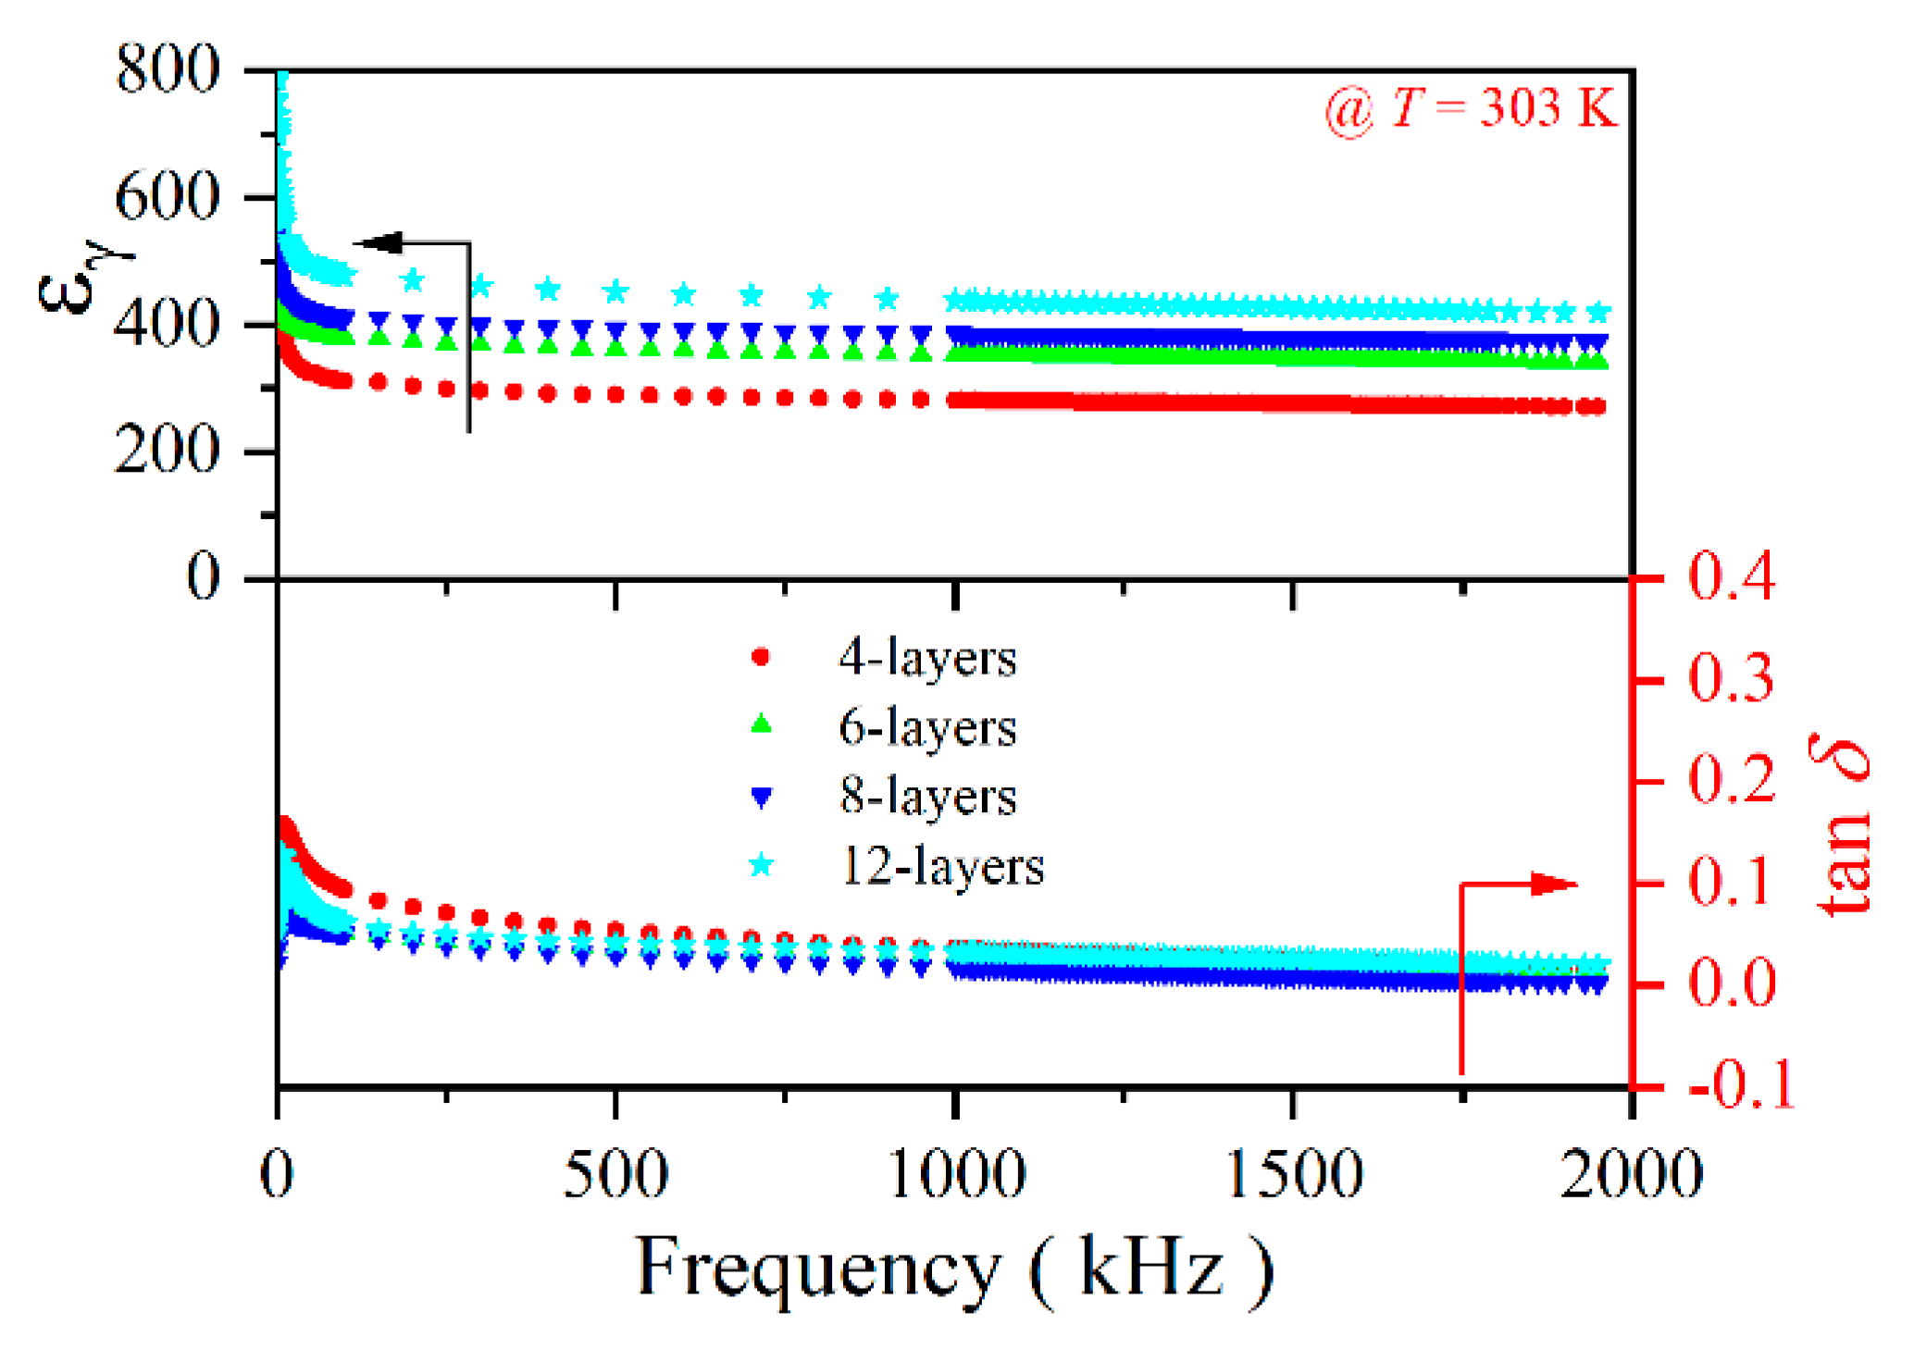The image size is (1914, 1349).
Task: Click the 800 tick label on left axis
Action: pyautogui.click(x=168, y=69)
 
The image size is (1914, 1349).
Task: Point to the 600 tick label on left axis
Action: pyautogui.click(x=168, y=197)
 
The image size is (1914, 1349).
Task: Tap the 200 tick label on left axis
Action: pyautogui.click(x=168, y=452)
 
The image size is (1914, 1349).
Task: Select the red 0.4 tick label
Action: pyautogui.click(x=1731, y=577)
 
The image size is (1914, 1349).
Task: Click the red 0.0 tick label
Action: pyautogui.click(x=1731, y=983)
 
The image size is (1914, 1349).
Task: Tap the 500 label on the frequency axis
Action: pyautogui.click(x=615, y=1175)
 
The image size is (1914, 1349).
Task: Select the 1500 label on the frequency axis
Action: pyautogui.click(x=1294, y=1175)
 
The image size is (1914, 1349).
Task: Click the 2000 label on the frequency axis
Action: pyautogui.click(x=1631, y=1175)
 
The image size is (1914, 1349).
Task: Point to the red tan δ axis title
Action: pyautogui.click(x=1842, y=828)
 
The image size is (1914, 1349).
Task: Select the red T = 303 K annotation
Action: pyautogui.click(x=1471, y=109)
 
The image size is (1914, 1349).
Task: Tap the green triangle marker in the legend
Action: pyautogui.click(x=761, y=725)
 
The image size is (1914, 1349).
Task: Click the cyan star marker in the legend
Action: pyautogui.click(x=761, y=866)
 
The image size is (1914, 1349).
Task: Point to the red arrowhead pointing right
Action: pyautogui.click(x=1554, y=884)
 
